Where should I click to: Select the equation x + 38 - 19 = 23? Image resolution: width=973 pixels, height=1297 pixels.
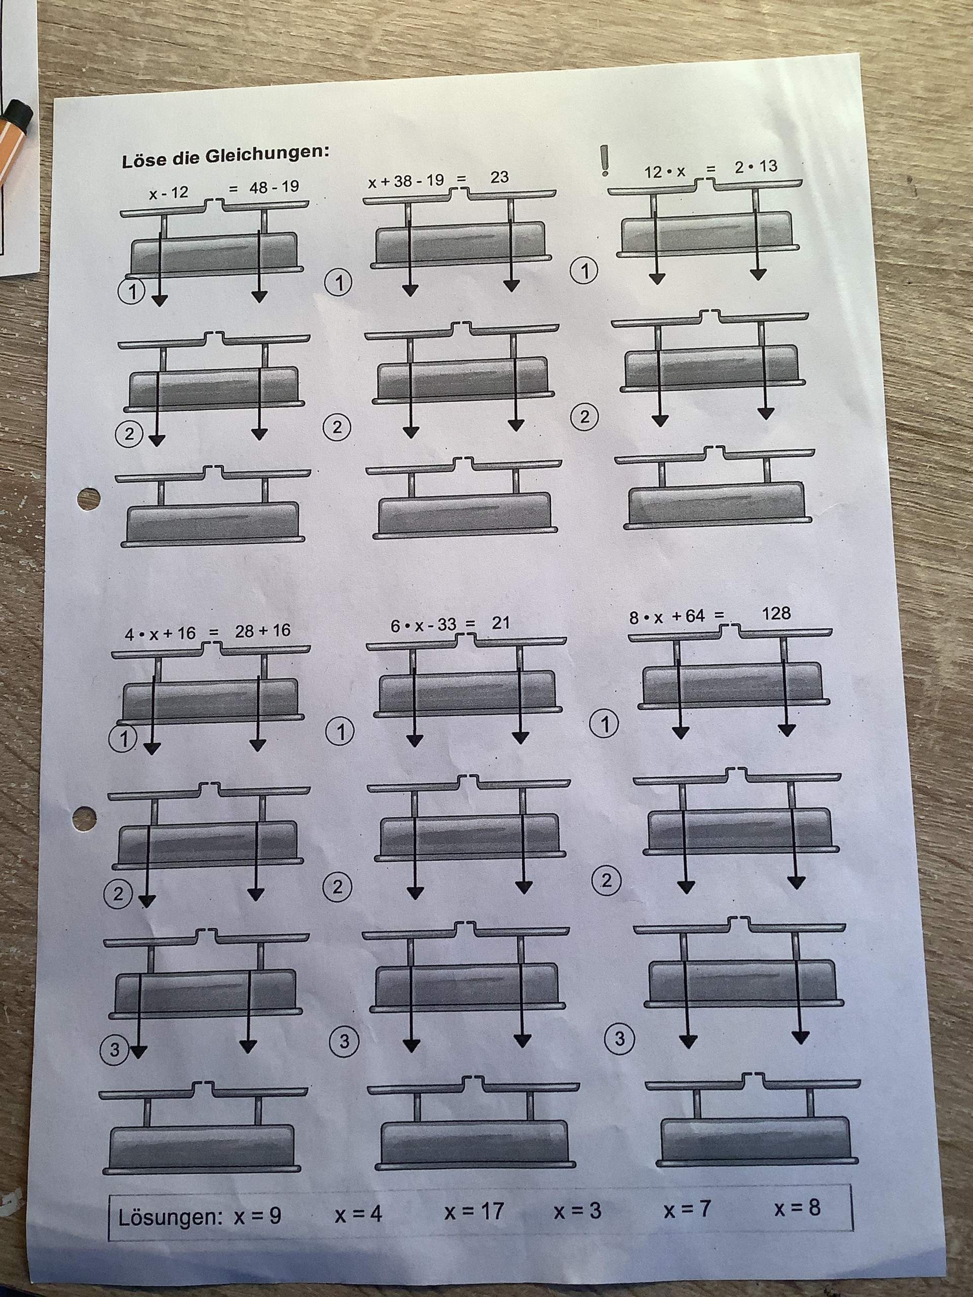(x=438, y=179)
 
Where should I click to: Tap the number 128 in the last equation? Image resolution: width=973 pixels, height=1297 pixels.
(x=776, y=614)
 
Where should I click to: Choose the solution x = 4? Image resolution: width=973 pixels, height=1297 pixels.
(x=358, y=1214)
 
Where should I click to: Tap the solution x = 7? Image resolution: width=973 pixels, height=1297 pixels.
(x=687, y=1208)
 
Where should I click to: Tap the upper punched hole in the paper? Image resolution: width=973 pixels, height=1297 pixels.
(x=89, y=499)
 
